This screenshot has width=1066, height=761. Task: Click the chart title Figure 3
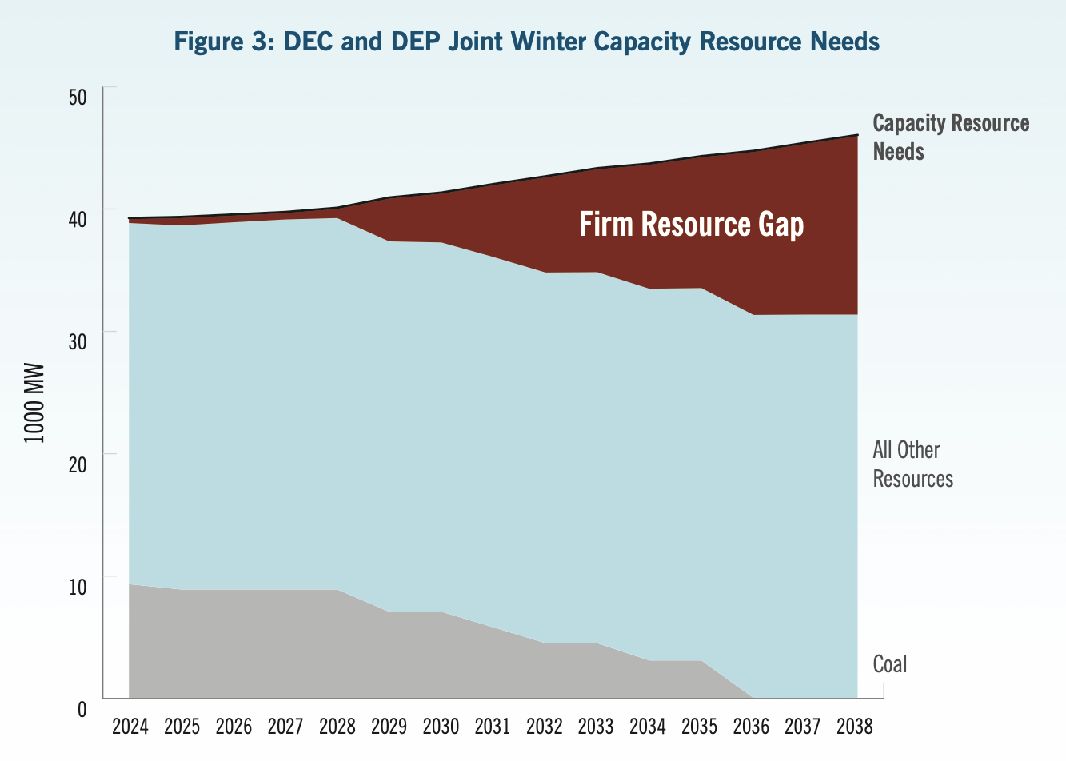[526, 41]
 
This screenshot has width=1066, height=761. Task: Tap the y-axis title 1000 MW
[34, 404]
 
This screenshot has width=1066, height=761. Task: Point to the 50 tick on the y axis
[78, 98]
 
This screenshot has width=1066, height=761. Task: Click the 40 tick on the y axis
[78, 219]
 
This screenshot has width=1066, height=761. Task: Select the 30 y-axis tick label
[78, 341]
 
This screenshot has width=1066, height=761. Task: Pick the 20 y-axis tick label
[78, 464]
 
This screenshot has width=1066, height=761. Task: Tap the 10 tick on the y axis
[78, 586]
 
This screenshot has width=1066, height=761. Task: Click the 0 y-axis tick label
[82, 708]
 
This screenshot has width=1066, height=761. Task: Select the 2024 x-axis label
[130, 726]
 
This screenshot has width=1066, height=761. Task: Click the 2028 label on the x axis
[337, 726]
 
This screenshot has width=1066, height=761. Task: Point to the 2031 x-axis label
[492, 726]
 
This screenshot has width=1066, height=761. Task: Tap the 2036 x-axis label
[751, 726]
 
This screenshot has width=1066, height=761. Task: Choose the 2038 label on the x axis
[854, 726]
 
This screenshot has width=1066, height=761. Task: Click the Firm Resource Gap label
[691, 225]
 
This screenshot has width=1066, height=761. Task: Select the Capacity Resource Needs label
[950, 137]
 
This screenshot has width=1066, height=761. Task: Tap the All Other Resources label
[912, 464]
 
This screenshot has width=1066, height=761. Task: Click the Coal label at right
[889, 664]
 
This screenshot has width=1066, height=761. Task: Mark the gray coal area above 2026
[234, 644]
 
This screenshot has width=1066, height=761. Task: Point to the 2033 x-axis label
[596, 726]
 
